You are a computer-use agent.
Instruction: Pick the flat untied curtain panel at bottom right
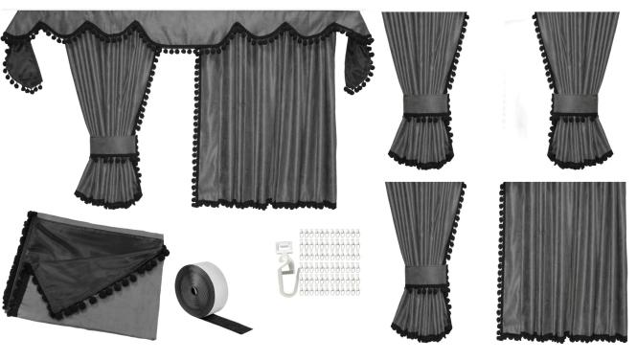[x=562, y=259]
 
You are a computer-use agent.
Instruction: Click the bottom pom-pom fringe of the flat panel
[x=562, y=337]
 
